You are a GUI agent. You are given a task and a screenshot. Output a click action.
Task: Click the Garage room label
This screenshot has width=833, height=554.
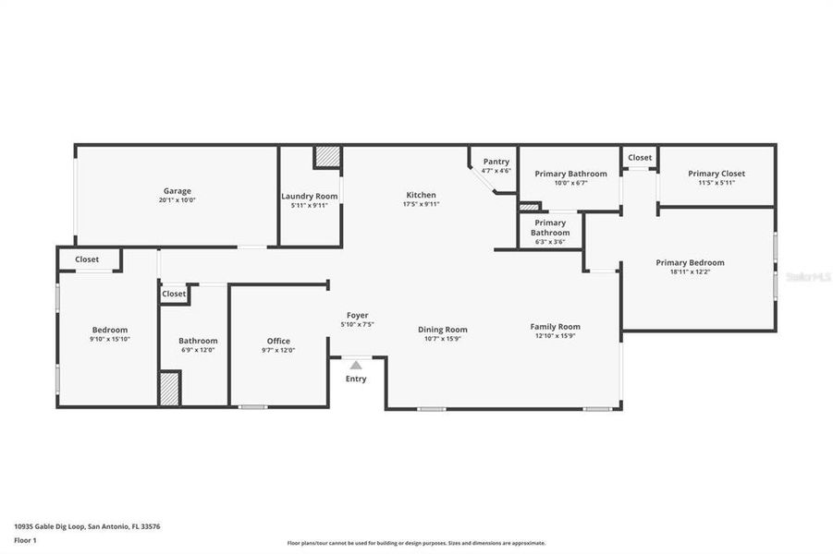coord(178,191)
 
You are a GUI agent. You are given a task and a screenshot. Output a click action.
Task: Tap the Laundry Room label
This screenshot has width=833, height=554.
coord(310,196)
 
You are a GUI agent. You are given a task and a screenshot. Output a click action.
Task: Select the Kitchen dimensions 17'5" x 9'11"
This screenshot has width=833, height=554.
coord(421,204)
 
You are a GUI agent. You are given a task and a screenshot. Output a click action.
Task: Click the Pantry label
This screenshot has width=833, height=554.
coord(496,162)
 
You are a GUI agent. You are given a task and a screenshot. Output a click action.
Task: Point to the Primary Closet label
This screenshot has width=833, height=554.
coord(716,174)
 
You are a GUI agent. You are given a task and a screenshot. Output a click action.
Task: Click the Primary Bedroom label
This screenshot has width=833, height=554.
coord(690,262)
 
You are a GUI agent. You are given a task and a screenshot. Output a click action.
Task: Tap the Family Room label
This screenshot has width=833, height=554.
coord(555,326)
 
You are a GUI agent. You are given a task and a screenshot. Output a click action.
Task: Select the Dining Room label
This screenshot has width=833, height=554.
coord(443,330)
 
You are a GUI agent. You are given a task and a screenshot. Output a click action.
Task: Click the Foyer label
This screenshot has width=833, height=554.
coord(357,316)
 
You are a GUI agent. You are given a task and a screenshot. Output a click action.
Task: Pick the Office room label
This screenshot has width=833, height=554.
coord(278,341)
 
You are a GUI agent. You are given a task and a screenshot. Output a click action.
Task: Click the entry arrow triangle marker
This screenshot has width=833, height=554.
coord(356,366)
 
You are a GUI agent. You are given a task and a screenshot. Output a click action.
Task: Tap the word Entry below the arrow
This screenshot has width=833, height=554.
coord(356,379)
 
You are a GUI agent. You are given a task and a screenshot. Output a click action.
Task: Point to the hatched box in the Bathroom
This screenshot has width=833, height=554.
coord(169,388)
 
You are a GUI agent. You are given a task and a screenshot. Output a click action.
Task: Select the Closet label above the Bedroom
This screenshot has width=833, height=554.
coord(87,259)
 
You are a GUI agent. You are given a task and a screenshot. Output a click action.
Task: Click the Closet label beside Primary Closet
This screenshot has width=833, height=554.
coord(640,157)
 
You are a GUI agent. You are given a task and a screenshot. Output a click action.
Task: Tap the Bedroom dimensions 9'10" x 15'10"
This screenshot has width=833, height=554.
coord(110,339)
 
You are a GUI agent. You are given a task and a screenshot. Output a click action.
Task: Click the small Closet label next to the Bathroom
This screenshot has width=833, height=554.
coord(174,294)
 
